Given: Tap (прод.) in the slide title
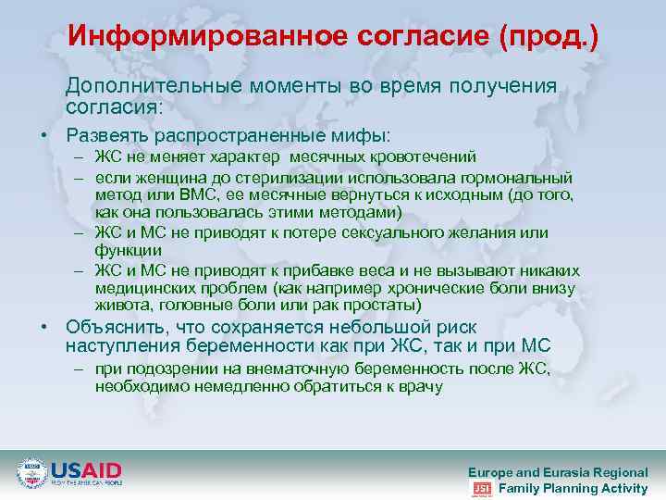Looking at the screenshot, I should point(549,36).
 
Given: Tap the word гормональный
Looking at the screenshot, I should point(518,177).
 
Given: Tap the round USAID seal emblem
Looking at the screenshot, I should point(32,474).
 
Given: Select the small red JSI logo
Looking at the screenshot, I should point(482,488).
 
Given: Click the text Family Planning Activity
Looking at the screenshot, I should point(573,488).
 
